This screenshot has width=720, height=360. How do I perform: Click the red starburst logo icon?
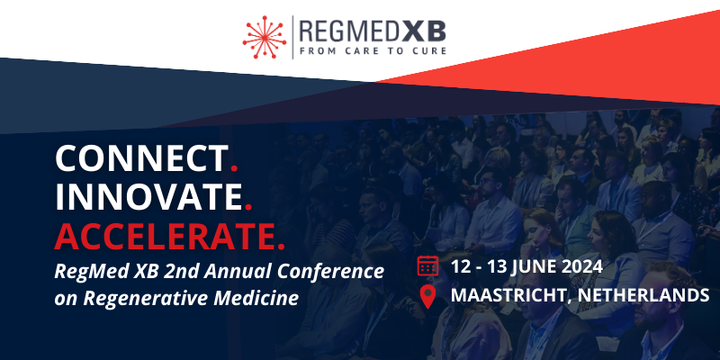(x=265, y=37)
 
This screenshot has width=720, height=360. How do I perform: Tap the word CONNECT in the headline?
(x=141, y=159)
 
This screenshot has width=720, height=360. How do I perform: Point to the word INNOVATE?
(x=148, y=197)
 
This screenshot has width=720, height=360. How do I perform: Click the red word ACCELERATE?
(x=163, y=236)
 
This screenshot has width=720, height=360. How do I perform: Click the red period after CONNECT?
(x=234, y=168)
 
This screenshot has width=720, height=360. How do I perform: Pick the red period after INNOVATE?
(x=248, y=207)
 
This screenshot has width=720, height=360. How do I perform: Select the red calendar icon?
(x=427, y=265)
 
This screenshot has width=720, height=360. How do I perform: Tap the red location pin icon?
(x=427, y=296)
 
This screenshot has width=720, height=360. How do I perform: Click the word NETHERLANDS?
(x=644, y=296)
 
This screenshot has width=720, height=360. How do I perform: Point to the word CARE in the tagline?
(x=363, y=50)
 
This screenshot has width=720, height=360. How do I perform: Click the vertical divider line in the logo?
(x=293, y=37)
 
